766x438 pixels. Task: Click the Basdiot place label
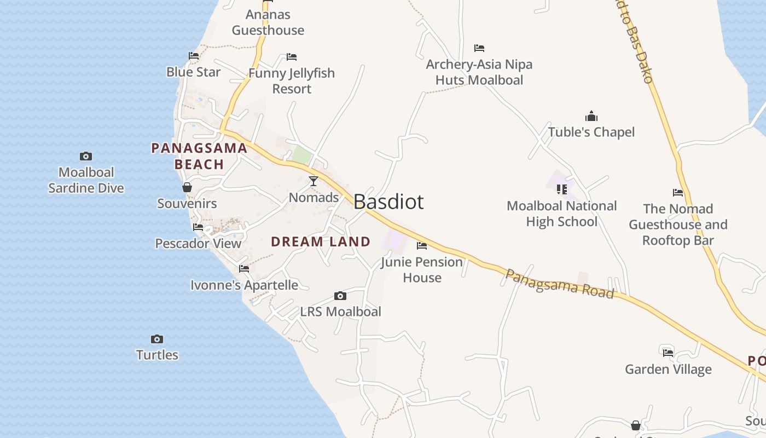click(388, 202)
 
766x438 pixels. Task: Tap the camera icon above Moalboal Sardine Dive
click(86, 157)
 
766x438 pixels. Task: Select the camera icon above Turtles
click(157, 339)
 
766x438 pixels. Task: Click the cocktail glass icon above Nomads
click(314, 181)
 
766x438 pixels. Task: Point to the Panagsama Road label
click(559, 284)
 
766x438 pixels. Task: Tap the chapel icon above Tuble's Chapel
click(591, 116)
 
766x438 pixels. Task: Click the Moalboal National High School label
click(562, 214)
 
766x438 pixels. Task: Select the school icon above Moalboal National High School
click(562, 189)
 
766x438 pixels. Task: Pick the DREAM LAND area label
click(321, 241)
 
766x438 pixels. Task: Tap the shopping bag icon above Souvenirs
click(187, 187)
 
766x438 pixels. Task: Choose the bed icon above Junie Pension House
click(422, 246)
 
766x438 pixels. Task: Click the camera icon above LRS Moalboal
click(340, 296)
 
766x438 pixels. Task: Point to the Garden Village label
click(668, 370)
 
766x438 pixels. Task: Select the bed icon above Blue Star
click(194, 56)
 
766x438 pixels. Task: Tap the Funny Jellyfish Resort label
click(292, 81)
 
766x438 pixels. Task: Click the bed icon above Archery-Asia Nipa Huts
click(479, 48)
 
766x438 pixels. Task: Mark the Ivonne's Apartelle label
click(244, 285)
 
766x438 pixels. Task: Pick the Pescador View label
click(198, 243)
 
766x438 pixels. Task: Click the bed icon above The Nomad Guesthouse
click(678, 193)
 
